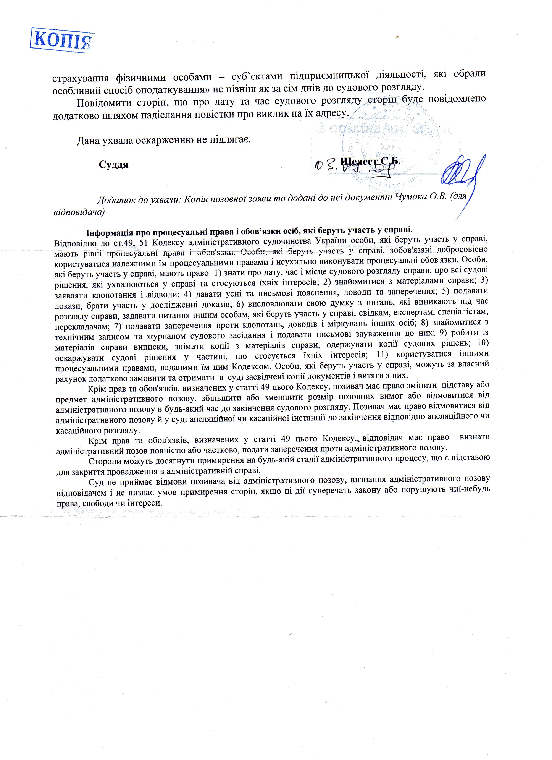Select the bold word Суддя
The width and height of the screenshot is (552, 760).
tap(114, 165)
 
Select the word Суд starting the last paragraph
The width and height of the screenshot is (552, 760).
tap(95, 483)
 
